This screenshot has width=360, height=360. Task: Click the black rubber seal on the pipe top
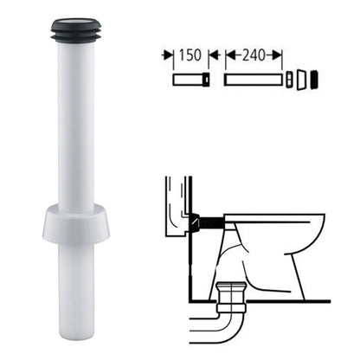click(76, 29)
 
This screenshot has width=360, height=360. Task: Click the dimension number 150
click(190, 55)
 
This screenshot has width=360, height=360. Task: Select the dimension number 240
click(254, 55)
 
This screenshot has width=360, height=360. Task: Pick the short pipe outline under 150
click(191, 80)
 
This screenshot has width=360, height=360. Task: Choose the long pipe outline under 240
click(253, 80)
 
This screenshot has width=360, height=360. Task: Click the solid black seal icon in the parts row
click(314, 79)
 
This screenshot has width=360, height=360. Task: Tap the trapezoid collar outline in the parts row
click(301, 80)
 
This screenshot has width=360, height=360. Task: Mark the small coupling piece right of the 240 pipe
click(289, 80)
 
